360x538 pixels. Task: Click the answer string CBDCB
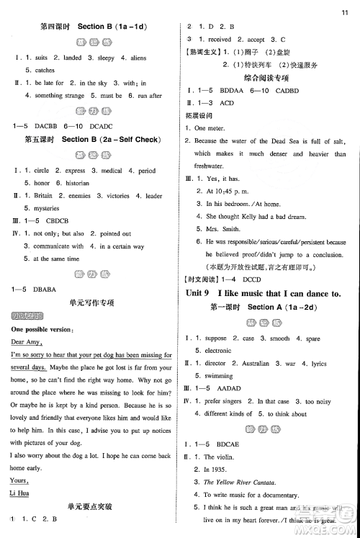point(61,221)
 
